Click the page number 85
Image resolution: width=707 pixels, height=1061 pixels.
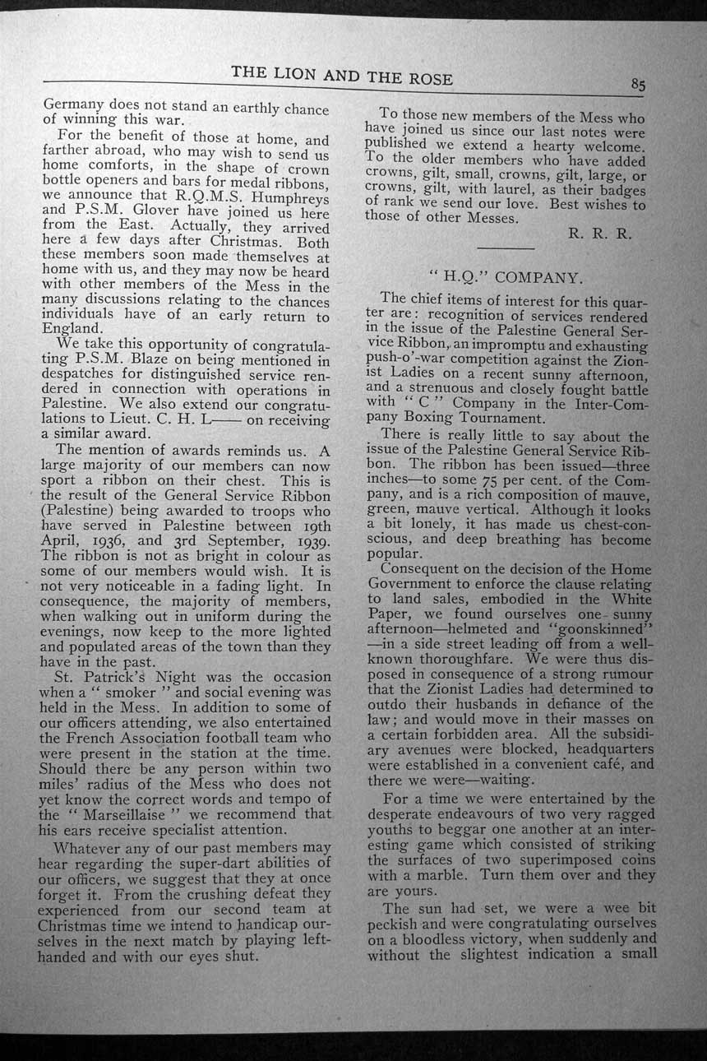click(639, 85)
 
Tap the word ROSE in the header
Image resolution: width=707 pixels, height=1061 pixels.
click(425, 79)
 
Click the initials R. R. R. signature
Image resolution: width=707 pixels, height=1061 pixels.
click(600, 234)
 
